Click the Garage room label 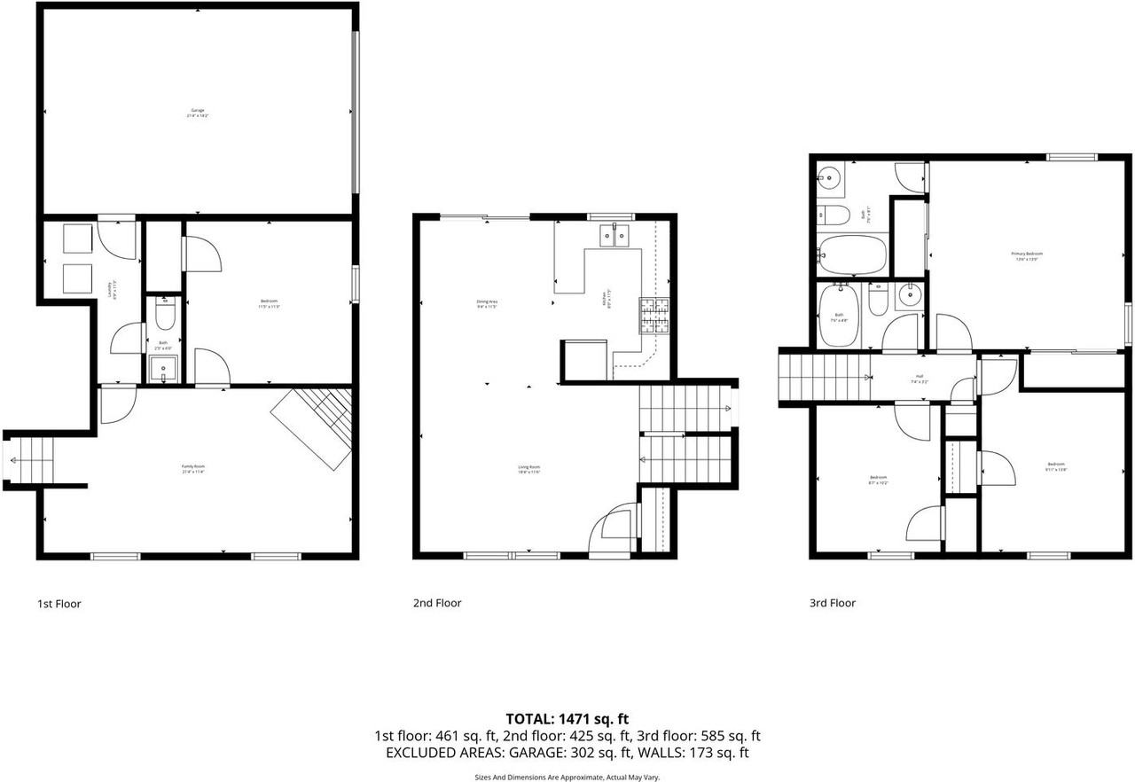198,112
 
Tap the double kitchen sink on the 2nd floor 615,234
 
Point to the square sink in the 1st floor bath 164,366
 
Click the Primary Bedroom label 1027,255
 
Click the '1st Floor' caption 59,604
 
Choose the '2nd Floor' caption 437,603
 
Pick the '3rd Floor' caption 832,603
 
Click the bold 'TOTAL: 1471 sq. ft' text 567,718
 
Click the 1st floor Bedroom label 269,304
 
